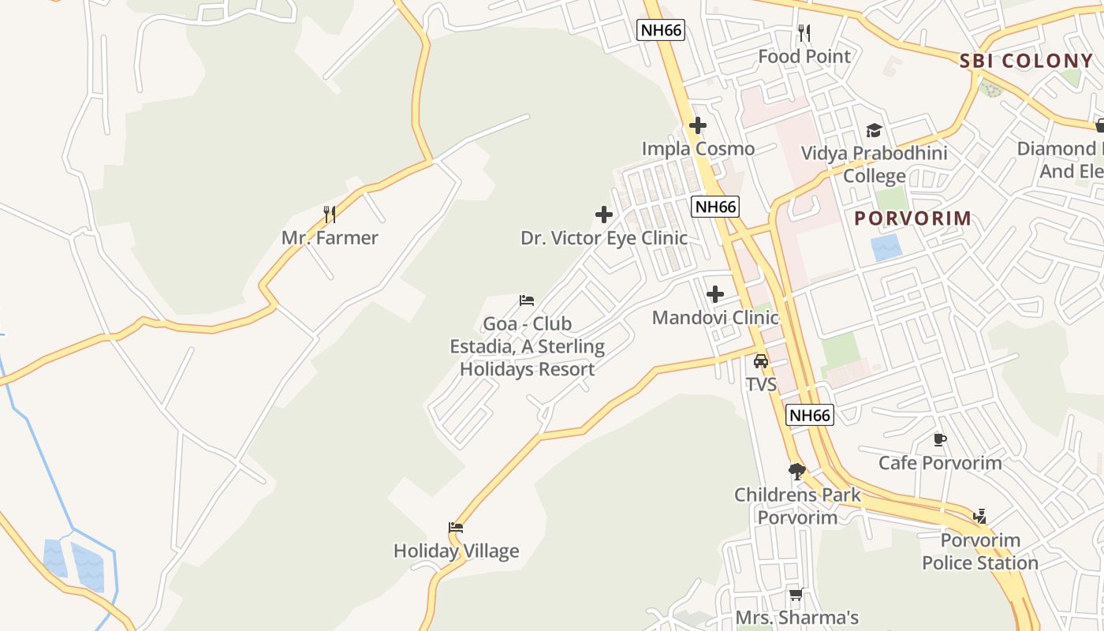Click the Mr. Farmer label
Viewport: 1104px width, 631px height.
330,237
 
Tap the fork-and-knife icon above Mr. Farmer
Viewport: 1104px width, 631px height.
330,214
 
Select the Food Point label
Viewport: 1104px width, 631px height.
804,56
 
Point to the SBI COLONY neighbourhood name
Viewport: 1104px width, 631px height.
1026,61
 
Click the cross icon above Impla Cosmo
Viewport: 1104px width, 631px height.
697,125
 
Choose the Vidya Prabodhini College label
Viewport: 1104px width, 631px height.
874,164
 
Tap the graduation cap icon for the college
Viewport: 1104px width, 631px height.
874,130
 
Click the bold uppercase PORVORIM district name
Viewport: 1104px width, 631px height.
913,218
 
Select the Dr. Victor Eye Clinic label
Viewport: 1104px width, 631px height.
604,237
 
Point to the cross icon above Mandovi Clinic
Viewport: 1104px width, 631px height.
715,294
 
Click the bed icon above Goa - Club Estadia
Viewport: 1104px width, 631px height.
527,301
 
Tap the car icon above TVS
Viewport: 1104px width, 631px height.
761,361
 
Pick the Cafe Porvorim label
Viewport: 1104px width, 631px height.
940,462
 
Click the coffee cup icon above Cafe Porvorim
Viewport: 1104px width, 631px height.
939,439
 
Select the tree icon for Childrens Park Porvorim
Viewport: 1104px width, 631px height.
796,472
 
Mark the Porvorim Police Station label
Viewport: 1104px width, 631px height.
980,551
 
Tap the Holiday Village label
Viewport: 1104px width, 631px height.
456,551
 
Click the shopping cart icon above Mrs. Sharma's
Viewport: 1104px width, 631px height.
796,594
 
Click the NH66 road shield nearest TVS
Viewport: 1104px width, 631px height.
810,415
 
